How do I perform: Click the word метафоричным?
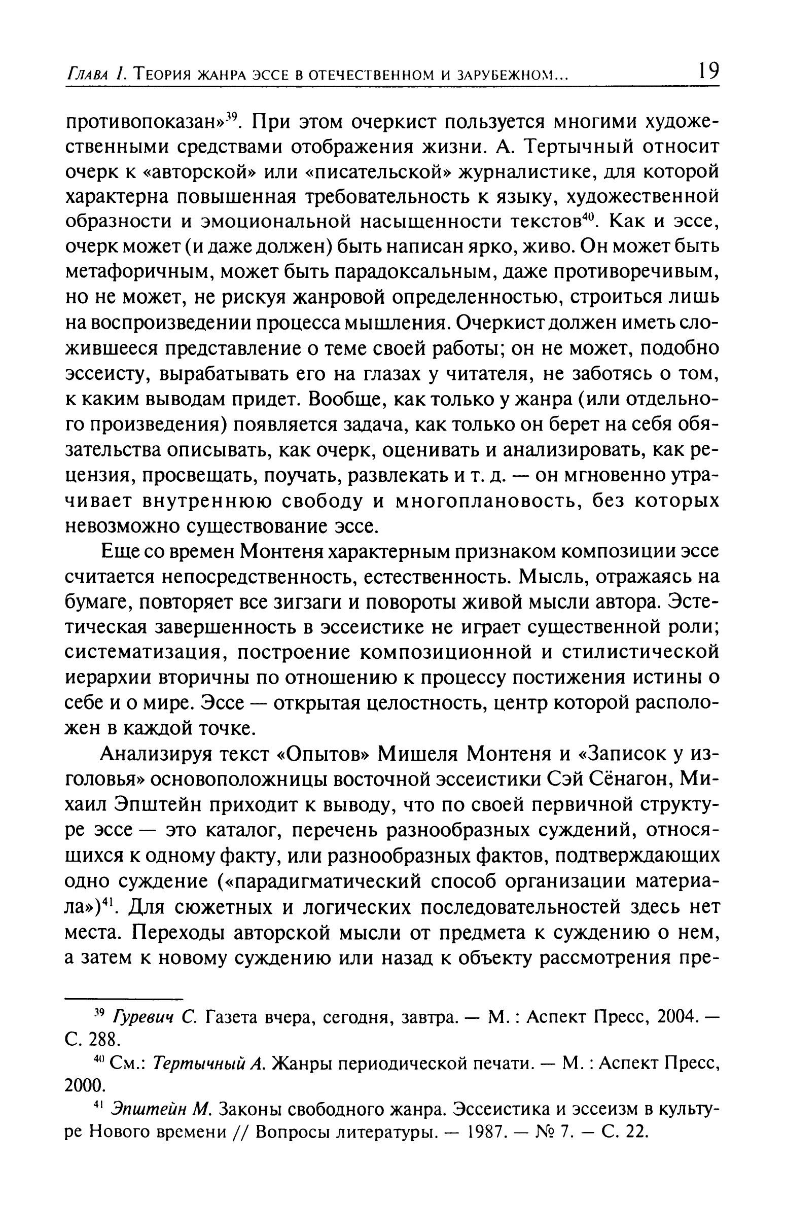(126, 273)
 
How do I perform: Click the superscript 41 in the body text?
(108, 901)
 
